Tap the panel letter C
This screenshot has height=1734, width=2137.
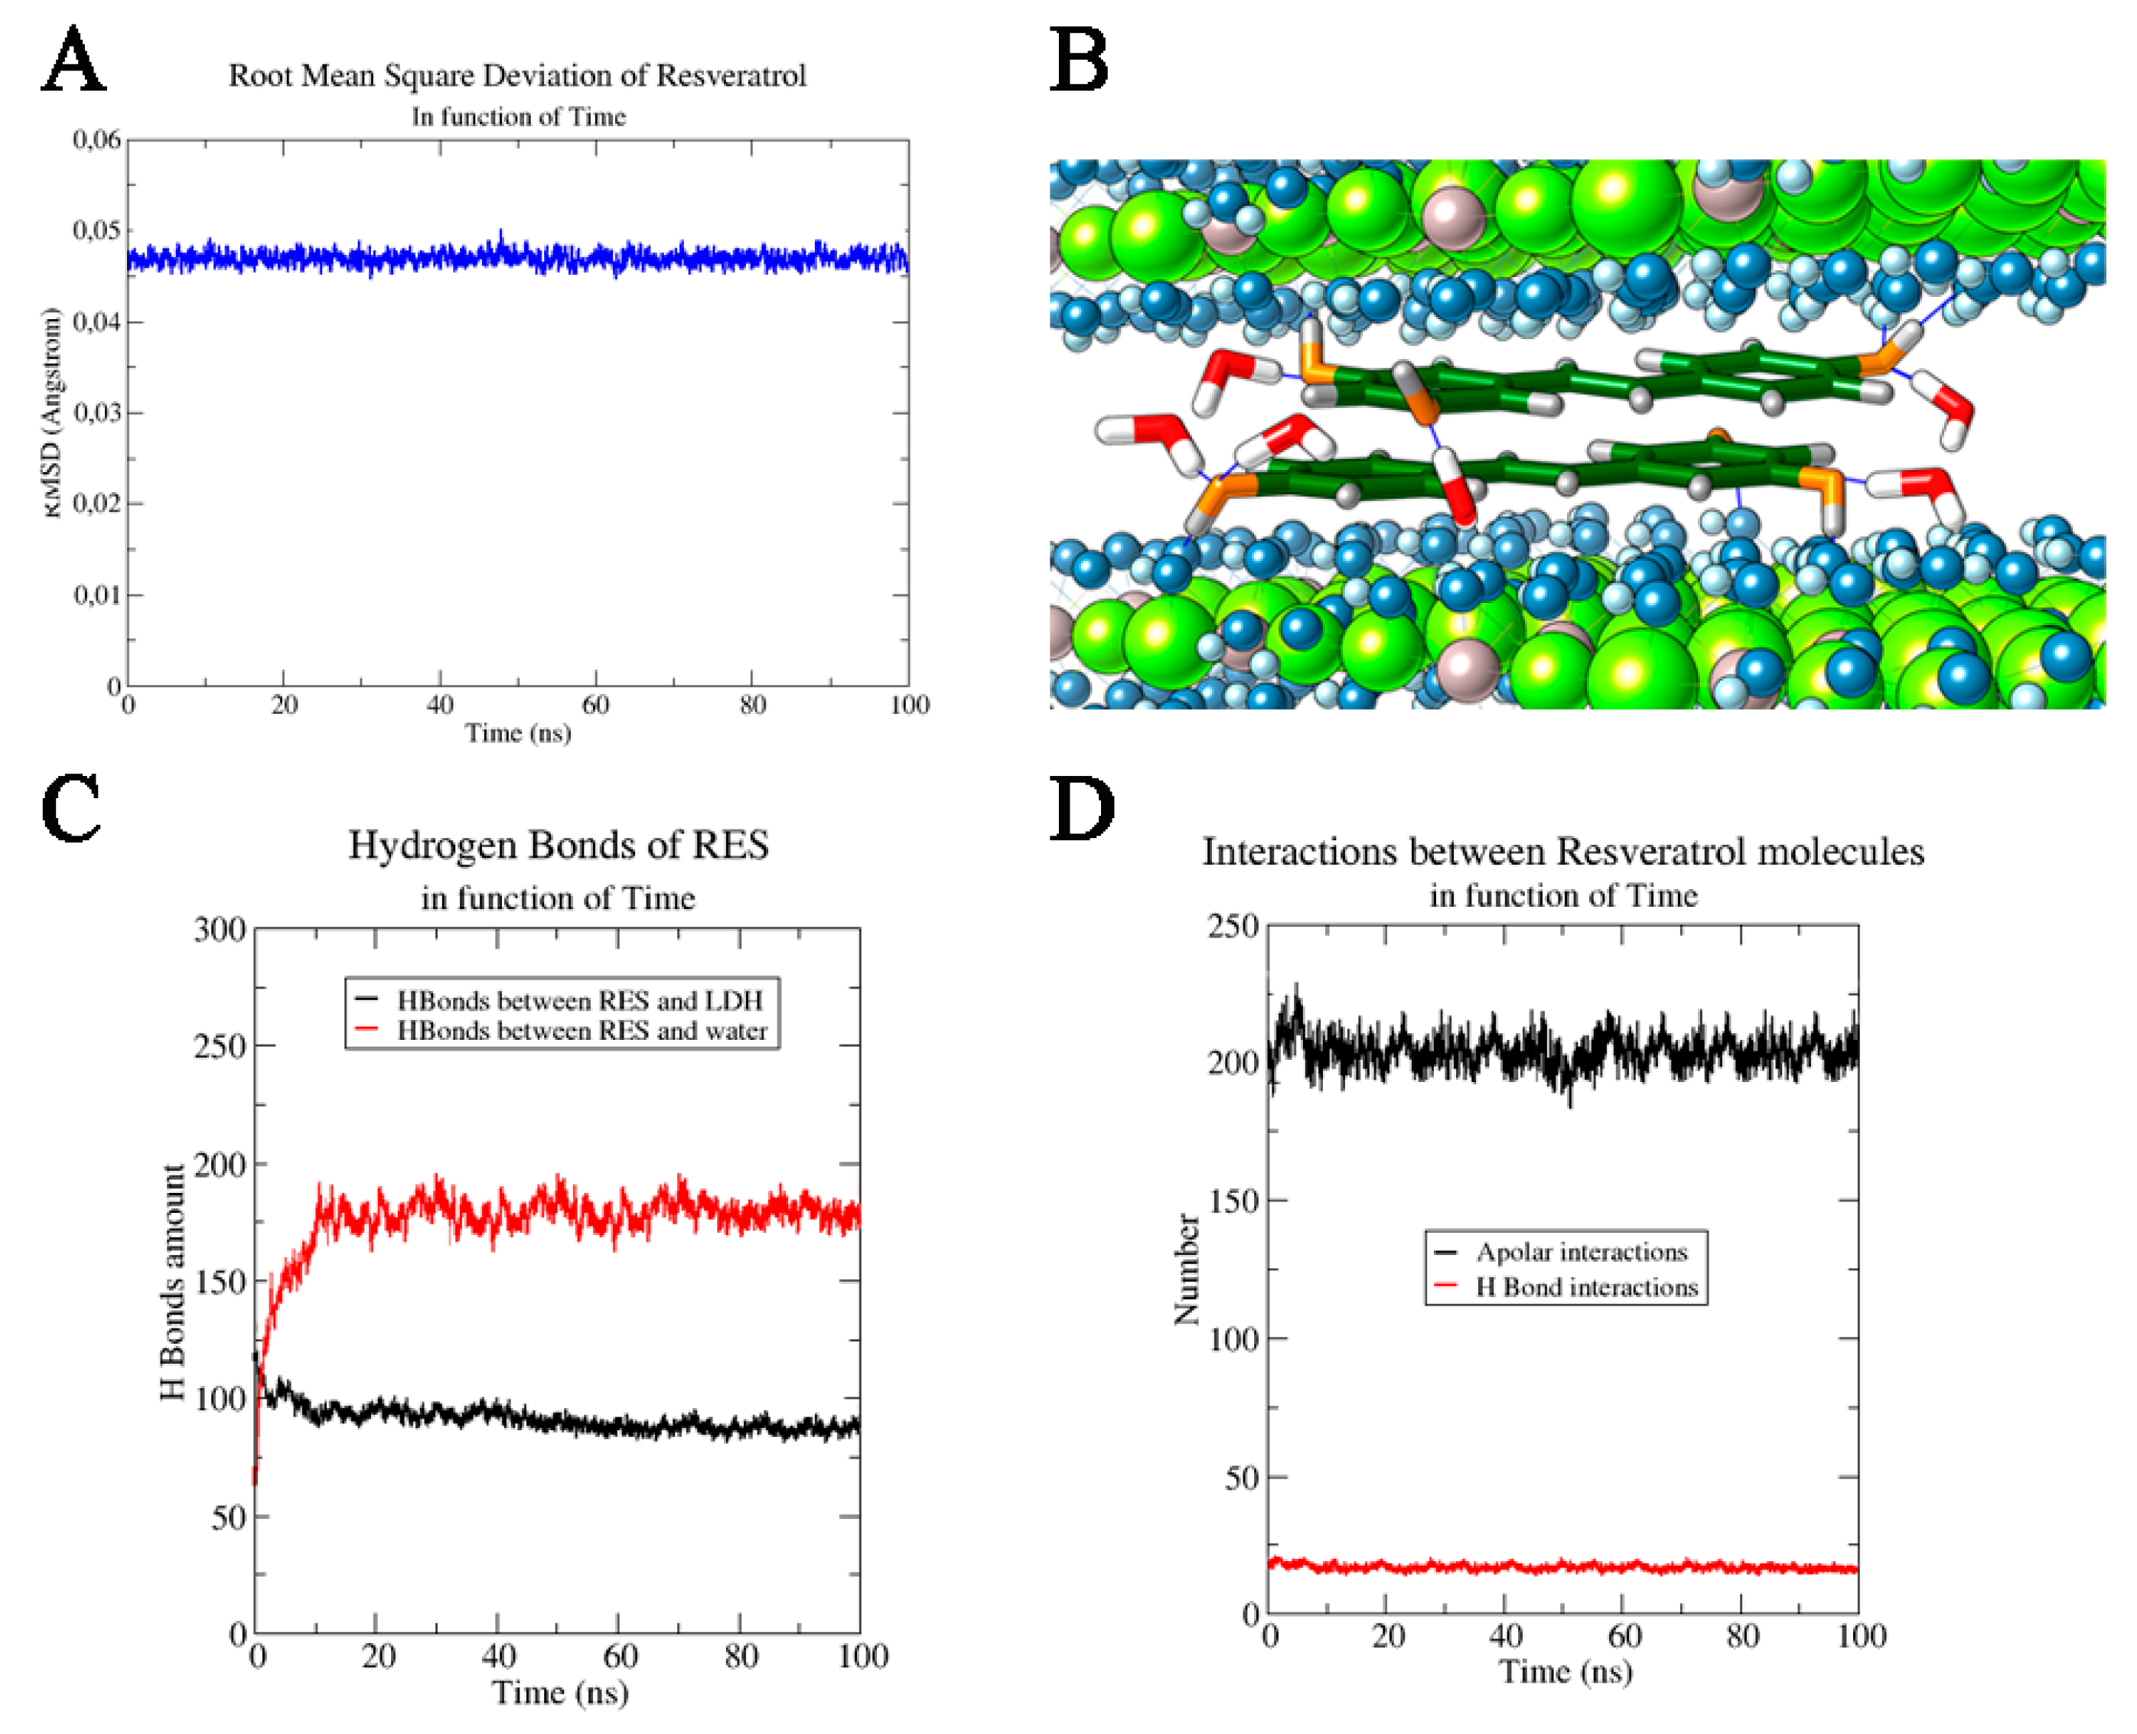coord(71,807)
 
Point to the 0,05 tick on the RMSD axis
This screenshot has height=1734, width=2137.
coord(97,231)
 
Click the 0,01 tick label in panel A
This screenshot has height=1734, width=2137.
coord(97,595)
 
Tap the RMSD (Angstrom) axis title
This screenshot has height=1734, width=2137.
coord(52,412)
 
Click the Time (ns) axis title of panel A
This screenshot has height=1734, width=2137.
coord(518,733)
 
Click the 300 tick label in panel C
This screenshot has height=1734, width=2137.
coord(220,930)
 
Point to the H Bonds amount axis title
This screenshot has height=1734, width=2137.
coord(173,1282)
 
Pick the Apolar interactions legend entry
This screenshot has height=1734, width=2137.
coord(1581,1252)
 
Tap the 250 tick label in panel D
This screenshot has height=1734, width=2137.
coord(1233,926)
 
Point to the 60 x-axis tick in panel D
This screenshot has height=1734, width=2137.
coord(1624,1636)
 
